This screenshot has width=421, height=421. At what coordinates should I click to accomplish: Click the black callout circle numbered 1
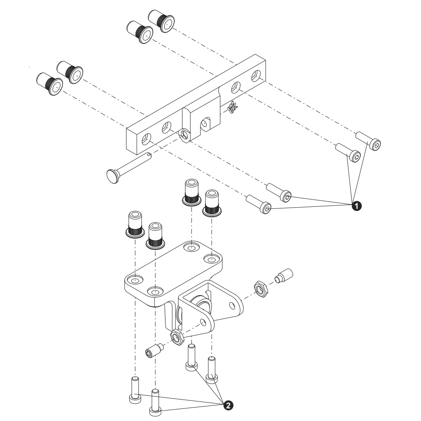pos(356,206)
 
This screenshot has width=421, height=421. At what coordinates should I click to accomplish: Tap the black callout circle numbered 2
pos(228,405)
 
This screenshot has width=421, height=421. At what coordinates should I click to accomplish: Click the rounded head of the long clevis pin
pos(113,176)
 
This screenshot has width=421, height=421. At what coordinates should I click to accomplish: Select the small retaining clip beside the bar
pos(232,107)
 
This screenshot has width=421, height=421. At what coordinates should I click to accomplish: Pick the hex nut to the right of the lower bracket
pos(261,289)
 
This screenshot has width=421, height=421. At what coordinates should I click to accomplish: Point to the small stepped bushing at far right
pos(283,276)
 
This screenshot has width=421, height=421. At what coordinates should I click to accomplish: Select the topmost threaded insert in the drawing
pos(161,21)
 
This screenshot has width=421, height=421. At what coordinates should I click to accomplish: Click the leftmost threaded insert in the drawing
pos(49,84)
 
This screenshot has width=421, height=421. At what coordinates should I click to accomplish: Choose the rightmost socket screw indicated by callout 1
pos(368,141)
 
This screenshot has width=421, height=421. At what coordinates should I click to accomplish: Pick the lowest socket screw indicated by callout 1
pos(259,204)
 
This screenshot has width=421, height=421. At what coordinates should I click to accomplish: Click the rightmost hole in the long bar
pos(256,76)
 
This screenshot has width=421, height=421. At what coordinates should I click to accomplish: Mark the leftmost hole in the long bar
pos(147,139)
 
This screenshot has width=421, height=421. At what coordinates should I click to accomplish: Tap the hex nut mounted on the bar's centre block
pos(184,135)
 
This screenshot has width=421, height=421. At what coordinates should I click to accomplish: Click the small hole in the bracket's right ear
pos(232,305)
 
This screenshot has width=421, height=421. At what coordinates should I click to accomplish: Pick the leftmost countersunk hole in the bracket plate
pos(134,280)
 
